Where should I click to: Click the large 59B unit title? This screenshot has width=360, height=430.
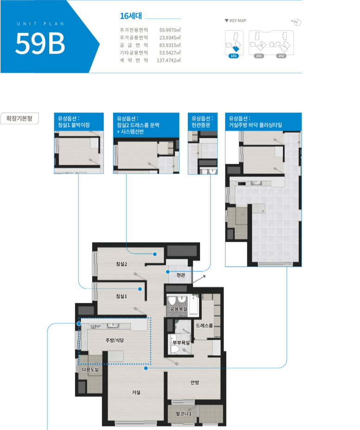click(40, 43)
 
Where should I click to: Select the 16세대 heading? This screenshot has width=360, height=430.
click(131, 16)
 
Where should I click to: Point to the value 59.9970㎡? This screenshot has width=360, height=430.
click(170, 30)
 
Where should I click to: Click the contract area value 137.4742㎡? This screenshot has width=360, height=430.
click(168, 60)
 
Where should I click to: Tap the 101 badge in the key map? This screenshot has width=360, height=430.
click(234, 56)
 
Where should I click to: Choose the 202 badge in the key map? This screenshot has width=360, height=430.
click(281, 56)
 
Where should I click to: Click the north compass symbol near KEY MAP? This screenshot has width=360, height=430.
click(297, 22)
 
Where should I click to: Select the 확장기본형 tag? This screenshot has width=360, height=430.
click(19, 118)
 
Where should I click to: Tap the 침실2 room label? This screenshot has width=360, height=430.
click(122, 264)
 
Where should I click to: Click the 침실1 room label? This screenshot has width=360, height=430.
click(122, 296)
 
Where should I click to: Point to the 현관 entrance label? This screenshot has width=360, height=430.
click(180, 275)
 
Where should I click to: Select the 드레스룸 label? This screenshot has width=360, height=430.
click(204, 326)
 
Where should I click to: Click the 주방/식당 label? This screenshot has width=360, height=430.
click(115, 340)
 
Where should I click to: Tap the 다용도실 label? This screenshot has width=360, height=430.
click(90, 369)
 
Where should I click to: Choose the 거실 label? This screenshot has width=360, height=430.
click(136, 392)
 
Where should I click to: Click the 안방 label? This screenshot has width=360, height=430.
click(195, 382)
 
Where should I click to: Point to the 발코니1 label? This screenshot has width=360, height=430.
click(183, 413)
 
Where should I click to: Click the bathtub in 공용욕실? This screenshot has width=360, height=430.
click(194, 305)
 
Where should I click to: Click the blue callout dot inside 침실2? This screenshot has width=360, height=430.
click(155, 254)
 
